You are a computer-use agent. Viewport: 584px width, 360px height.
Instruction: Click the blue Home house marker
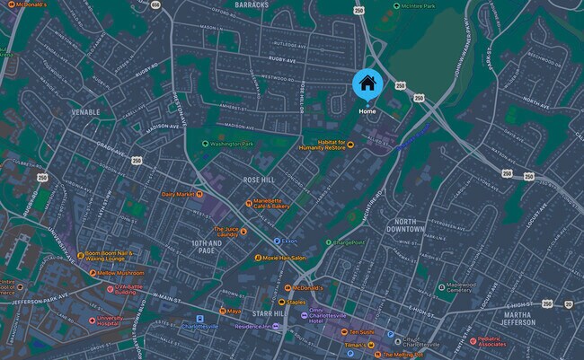click(367, 85)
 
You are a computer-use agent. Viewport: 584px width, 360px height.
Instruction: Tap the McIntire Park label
click(418, 6)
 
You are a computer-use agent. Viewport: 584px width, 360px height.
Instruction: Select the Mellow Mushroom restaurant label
click(119, 272)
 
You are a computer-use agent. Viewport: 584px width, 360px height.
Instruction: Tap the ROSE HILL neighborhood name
click(260, 180)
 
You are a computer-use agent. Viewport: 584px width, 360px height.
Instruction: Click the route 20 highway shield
click(569, 303)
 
